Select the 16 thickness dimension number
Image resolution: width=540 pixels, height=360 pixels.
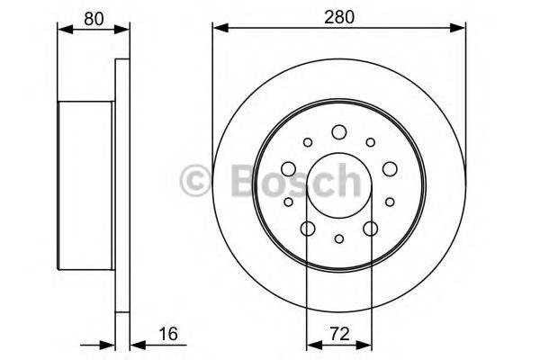[165, 334]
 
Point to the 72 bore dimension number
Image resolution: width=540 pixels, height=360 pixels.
[339, 334]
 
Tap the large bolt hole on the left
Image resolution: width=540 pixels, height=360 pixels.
[288, 168]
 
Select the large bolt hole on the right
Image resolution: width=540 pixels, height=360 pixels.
[390, 168]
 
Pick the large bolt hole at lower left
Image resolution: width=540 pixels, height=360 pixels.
[308, 228]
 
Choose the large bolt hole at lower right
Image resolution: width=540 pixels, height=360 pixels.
[370, 228]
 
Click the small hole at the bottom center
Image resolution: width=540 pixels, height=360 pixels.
[339, 238]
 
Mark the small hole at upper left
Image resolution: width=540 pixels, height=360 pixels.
[308, 141]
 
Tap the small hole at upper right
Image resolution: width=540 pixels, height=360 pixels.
[370, 141]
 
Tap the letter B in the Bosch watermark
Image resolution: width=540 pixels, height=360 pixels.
[236, 181]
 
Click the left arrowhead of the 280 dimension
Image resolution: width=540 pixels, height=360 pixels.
[218, 28]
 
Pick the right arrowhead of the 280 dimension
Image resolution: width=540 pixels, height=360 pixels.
[461, 28]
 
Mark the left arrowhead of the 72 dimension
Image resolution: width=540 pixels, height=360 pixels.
[312, 343]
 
